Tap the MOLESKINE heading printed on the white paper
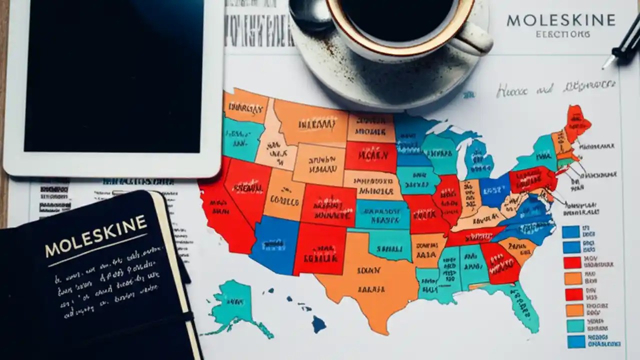click(560, 20)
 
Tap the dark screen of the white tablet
click(113, 75)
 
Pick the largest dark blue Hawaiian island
click(318, 324)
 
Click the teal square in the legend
click(575, 326)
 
